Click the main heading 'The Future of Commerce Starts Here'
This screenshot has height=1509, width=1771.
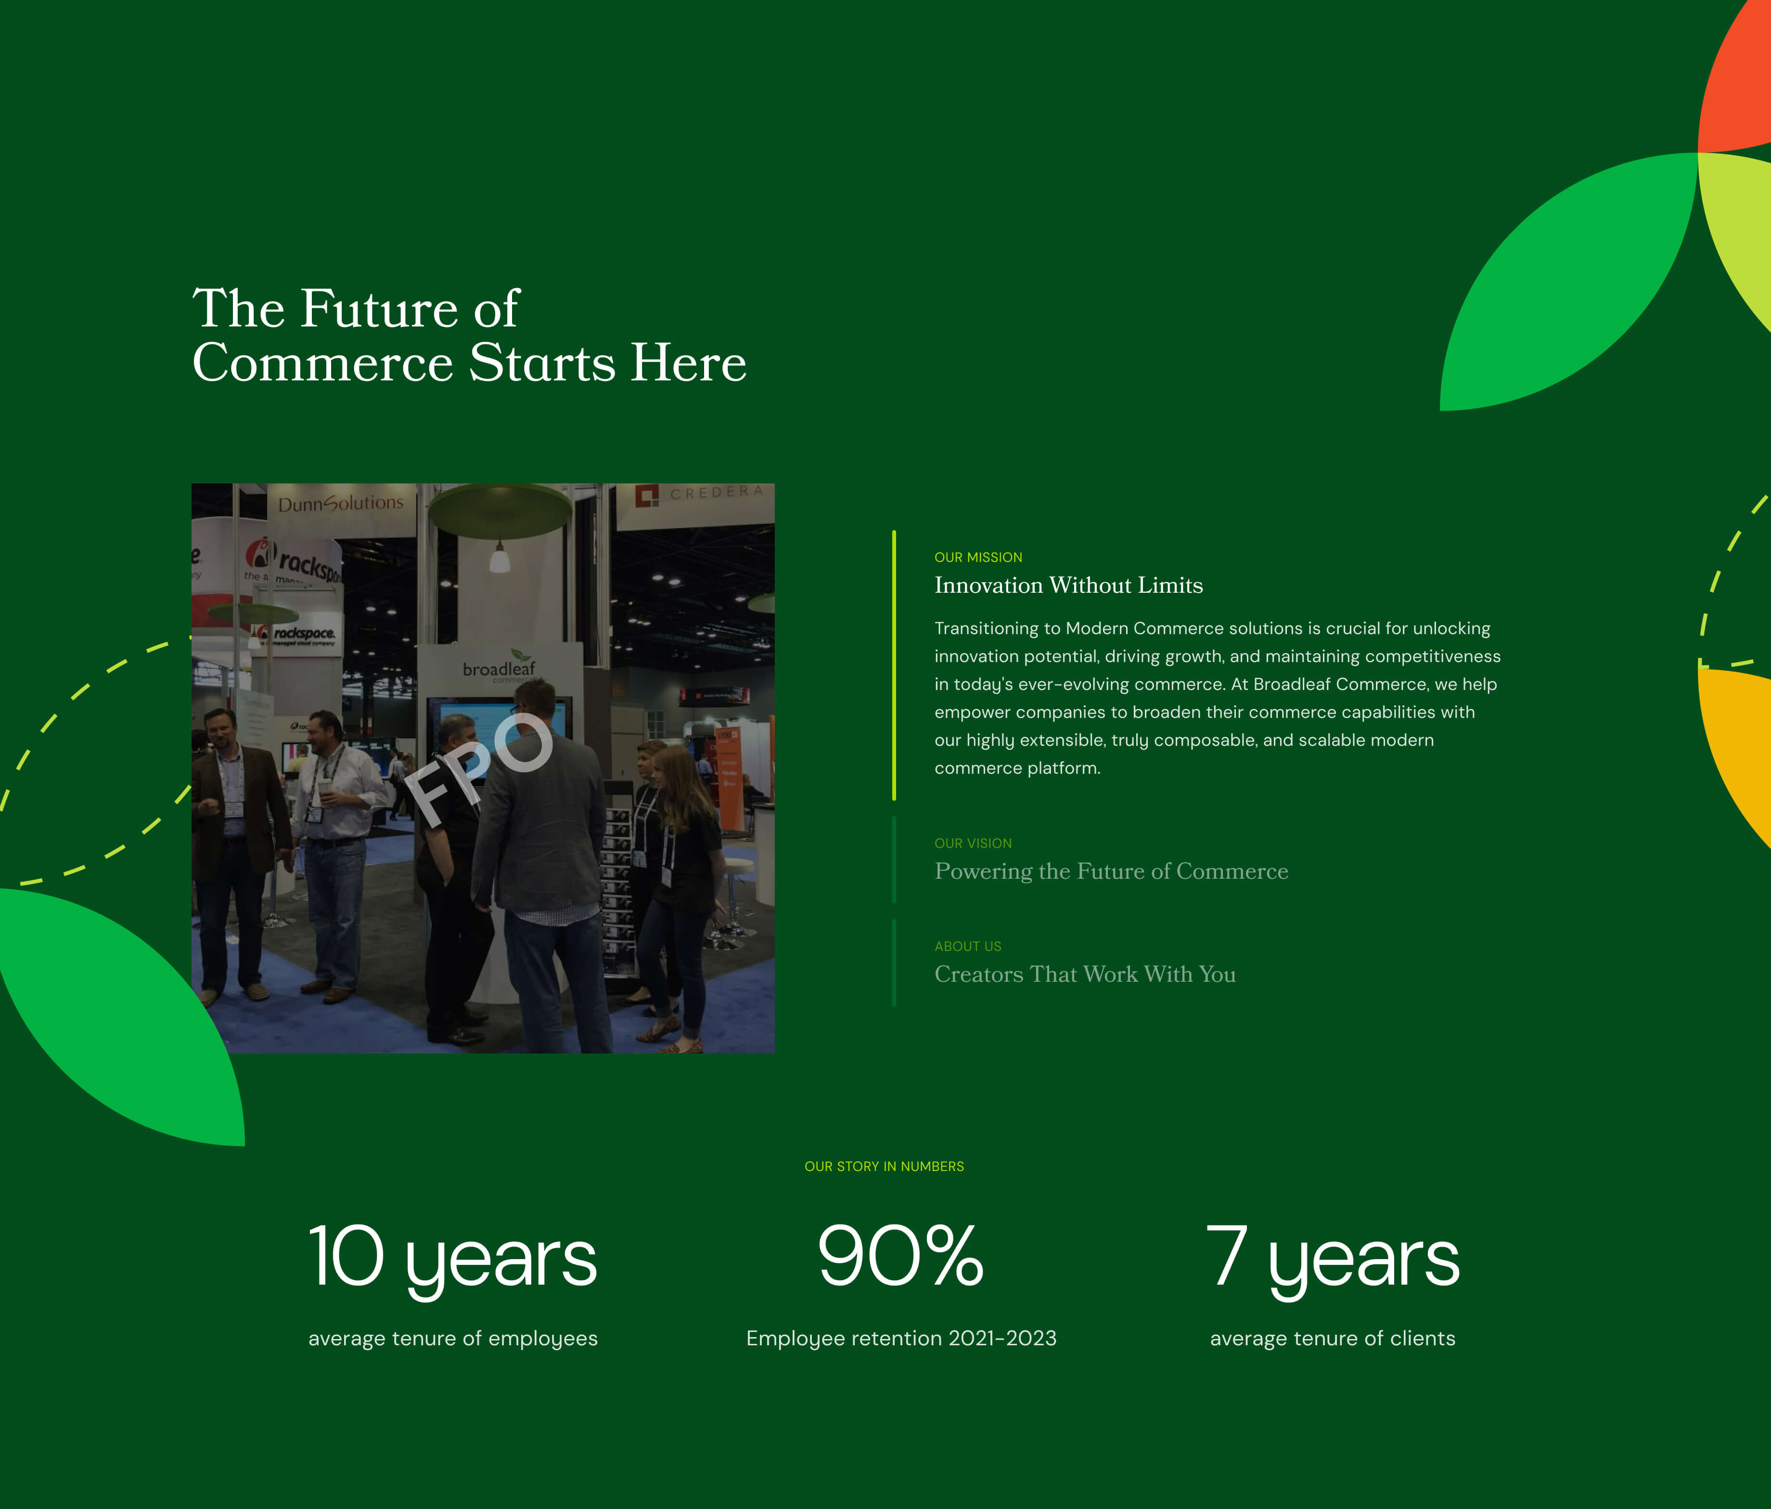(x=469, y=335)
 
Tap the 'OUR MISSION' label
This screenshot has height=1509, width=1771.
(x=978, y=558)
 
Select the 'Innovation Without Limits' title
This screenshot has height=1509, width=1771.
(x=1068, y=585)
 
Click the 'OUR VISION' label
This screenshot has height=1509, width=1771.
(x=973, y=843)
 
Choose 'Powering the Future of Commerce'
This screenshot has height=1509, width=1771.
(x=1111, y=871)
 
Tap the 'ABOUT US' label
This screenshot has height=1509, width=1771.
(x=968, y=947)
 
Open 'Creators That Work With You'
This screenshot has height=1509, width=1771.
(x=1085, y=975)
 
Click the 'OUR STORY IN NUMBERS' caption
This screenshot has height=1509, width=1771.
(x=884, y=1166)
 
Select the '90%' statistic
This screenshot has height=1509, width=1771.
(x=901, y=1255)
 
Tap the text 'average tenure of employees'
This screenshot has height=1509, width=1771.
(x=453, y=1339)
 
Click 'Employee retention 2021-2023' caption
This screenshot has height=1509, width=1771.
(x=901, y=1339)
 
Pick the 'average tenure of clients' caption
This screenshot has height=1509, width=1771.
(x=1333, y=1339)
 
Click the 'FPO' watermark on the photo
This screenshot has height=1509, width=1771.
(x=479, y=768)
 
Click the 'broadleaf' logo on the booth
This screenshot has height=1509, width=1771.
(x=499, y=666)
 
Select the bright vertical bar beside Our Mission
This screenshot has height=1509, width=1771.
(x=894, y=665)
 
